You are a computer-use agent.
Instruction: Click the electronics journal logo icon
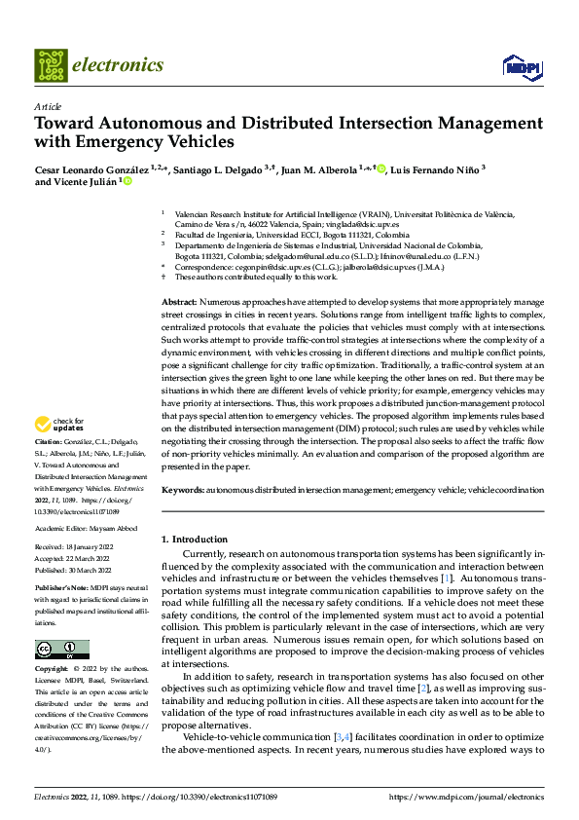point(51,65)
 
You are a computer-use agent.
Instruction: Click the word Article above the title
point(47,106)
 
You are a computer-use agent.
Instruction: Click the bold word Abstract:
point(180,277)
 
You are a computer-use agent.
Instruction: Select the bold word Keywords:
point(183,489)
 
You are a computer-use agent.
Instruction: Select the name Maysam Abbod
point(117,528)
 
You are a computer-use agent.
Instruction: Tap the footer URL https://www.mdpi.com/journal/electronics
point(466,798)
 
